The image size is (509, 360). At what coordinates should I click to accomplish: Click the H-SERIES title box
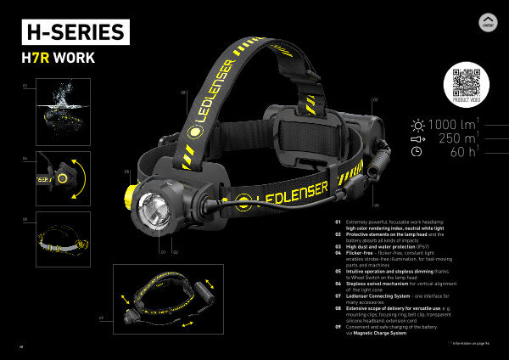pos(76,32)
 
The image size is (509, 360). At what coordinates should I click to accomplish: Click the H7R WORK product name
pos(59,59)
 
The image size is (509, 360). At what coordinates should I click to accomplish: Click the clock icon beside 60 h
pos(417,152)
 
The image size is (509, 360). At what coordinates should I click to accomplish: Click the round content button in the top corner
pos(487,23)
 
